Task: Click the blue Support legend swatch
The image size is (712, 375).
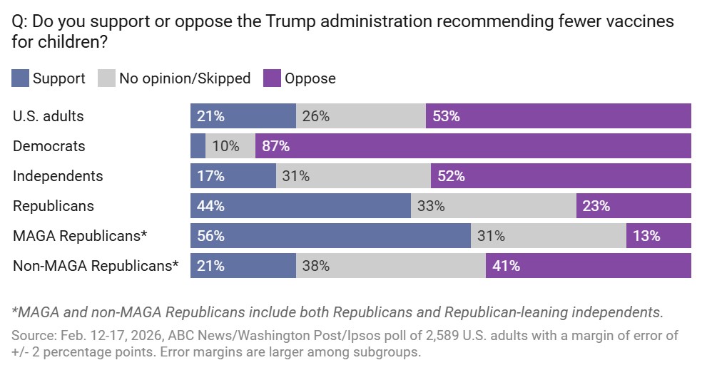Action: pyautogui.click(x=21, y=78)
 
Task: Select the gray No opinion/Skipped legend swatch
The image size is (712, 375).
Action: pyautogui.click(x=107, y=78)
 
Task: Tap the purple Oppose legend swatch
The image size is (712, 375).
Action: pyautogui.click(x=273, y=78)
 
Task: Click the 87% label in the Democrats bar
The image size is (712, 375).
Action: pyautogui.click(x=275, y=146)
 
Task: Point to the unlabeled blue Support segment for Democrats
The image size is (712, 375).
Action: pyautogui.click(x=198, y=146)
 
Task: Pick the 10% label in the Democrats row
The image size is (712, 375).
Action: pyautogui.click(x=225, y=146)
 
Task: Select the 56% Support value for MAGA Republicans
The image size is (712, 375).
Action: pyautogui.click(x=211, y=236)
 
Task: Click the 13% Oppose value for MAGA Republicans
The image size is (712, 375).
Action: pyautogui.click(x=646, y=236)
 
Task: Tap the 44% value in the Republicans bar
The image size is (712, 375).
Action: pyautogui.click(x=211, y=206)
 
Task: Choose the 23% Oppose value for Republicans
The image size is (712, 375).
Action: pyautogui.click(x=596, y=206)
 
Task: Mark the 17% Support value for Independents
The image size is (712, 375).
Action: pyautogui.click(x=211, y=176)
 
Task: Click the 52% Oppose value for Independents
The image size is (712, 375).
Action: pyautogui.click(x=451, y=176)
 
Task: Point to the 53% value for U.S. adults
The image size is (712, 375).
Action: pyautogui.click(x=446, y=116)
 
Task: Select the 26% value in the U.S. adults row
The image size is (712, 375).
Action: pyautogui.click(x=316, y=116)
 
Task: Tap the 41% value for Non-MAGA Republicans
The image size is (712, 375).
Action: pyautogui.click(x=506, y=267)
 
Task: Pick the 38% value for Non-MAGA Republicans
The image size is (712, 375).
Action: pyautogui.click(x=316, y=267)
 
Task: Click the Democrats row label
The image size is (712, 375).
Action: pyautogui.click(x=49, y=146)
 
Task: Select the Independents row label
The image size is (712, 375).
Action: pyautogui.click(x=58, y=176)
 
